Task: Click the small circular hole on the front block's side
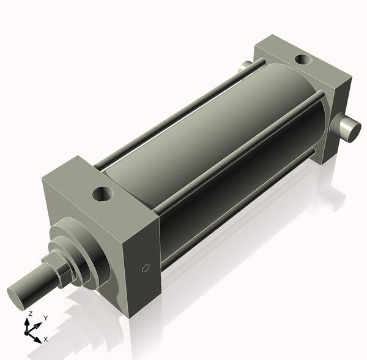[145, 268]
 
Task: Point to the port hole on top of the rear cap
[302, 60]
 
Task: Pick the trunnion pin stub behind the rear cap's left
[245, 66]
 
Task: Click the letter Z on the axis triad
[30, 313]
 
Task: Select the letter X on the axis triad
[46, 339]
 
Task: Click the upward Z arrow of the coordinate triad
[28, 322]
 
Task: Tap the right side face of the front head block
[141, 263]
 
